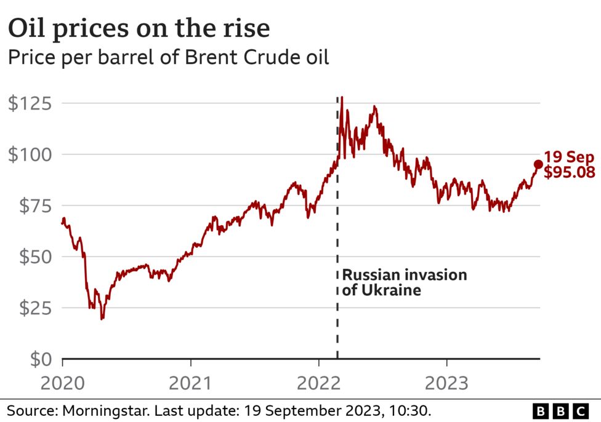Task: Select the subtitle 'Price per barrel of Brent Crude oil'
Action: tap(168, 58)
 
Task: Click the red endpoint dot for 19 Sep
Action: tap(538, 164)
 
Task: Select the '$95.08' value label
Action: tap(570, 172)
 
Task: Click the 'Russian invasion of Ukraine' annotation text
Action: tap(404, 282)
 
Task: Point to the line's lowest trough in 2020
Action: tap(102, 319)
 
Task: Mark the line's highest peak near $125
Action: tap(342, 97)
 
